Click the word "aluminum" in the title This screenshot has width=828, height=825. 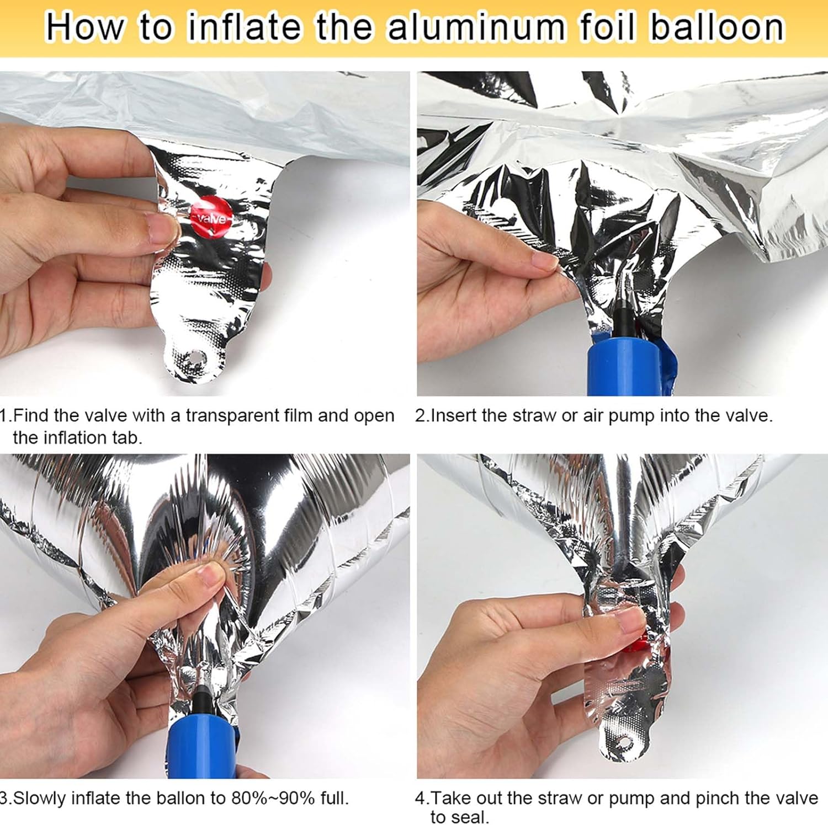pos(476,28)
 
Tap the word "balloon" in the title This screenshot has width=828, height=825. pos(717,28)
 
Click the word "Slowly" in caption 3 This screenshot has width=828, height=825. pos(40,798)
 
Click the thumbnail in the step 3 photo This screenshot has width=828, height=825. pos(210,577)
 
